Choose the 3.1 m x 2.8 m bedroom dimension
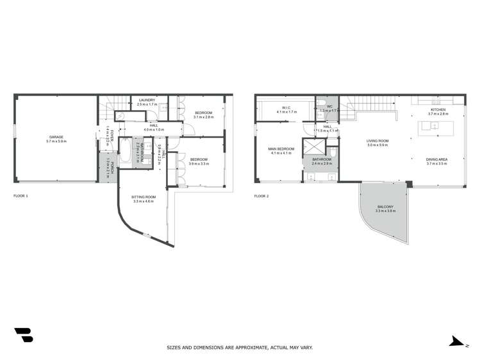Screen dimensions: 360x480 point(203,117)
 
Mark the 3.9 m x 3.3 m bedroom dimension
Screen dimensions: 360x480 point(199,164)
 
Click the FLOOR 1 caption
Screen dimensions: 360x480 point(21,195)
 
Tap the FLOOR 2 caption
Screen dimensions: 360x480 point(261,195)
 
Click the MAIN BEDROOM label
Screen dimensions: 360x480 point(281,149)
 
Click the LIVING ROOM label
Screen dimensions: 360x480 point(377,141)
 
